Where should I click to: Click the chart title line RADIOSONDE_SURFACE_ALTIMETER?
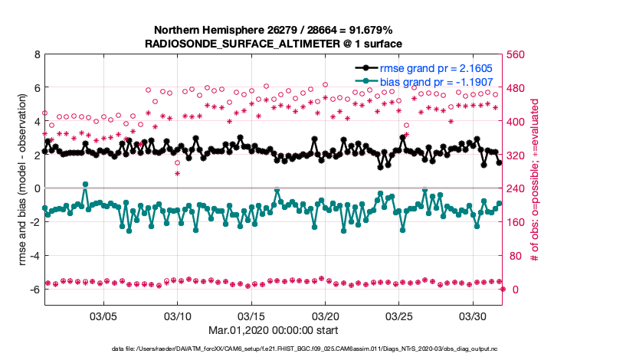274,44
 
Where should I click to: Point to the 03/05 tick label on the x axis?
103,316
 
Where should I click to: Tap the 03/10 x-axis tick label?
178,316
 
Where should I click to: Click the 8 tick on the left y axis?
37,55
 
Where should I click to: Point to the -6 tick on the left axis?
34,290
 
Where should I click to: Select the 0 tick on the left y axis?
37,188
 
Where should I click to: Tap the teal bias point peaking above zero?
85,185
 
